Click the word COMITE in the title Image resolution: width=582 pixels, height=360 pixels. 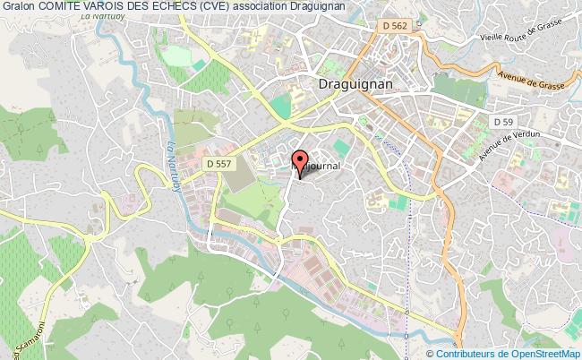(x=63, y=7)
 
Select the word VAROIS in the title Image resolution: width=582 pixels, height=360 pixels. (x=115, y=7)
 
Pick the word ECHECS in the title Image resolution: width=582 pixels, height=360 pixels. (x=188, y=7)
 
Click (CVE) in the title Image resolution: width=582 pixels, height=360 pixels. (x=231, y=7)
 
